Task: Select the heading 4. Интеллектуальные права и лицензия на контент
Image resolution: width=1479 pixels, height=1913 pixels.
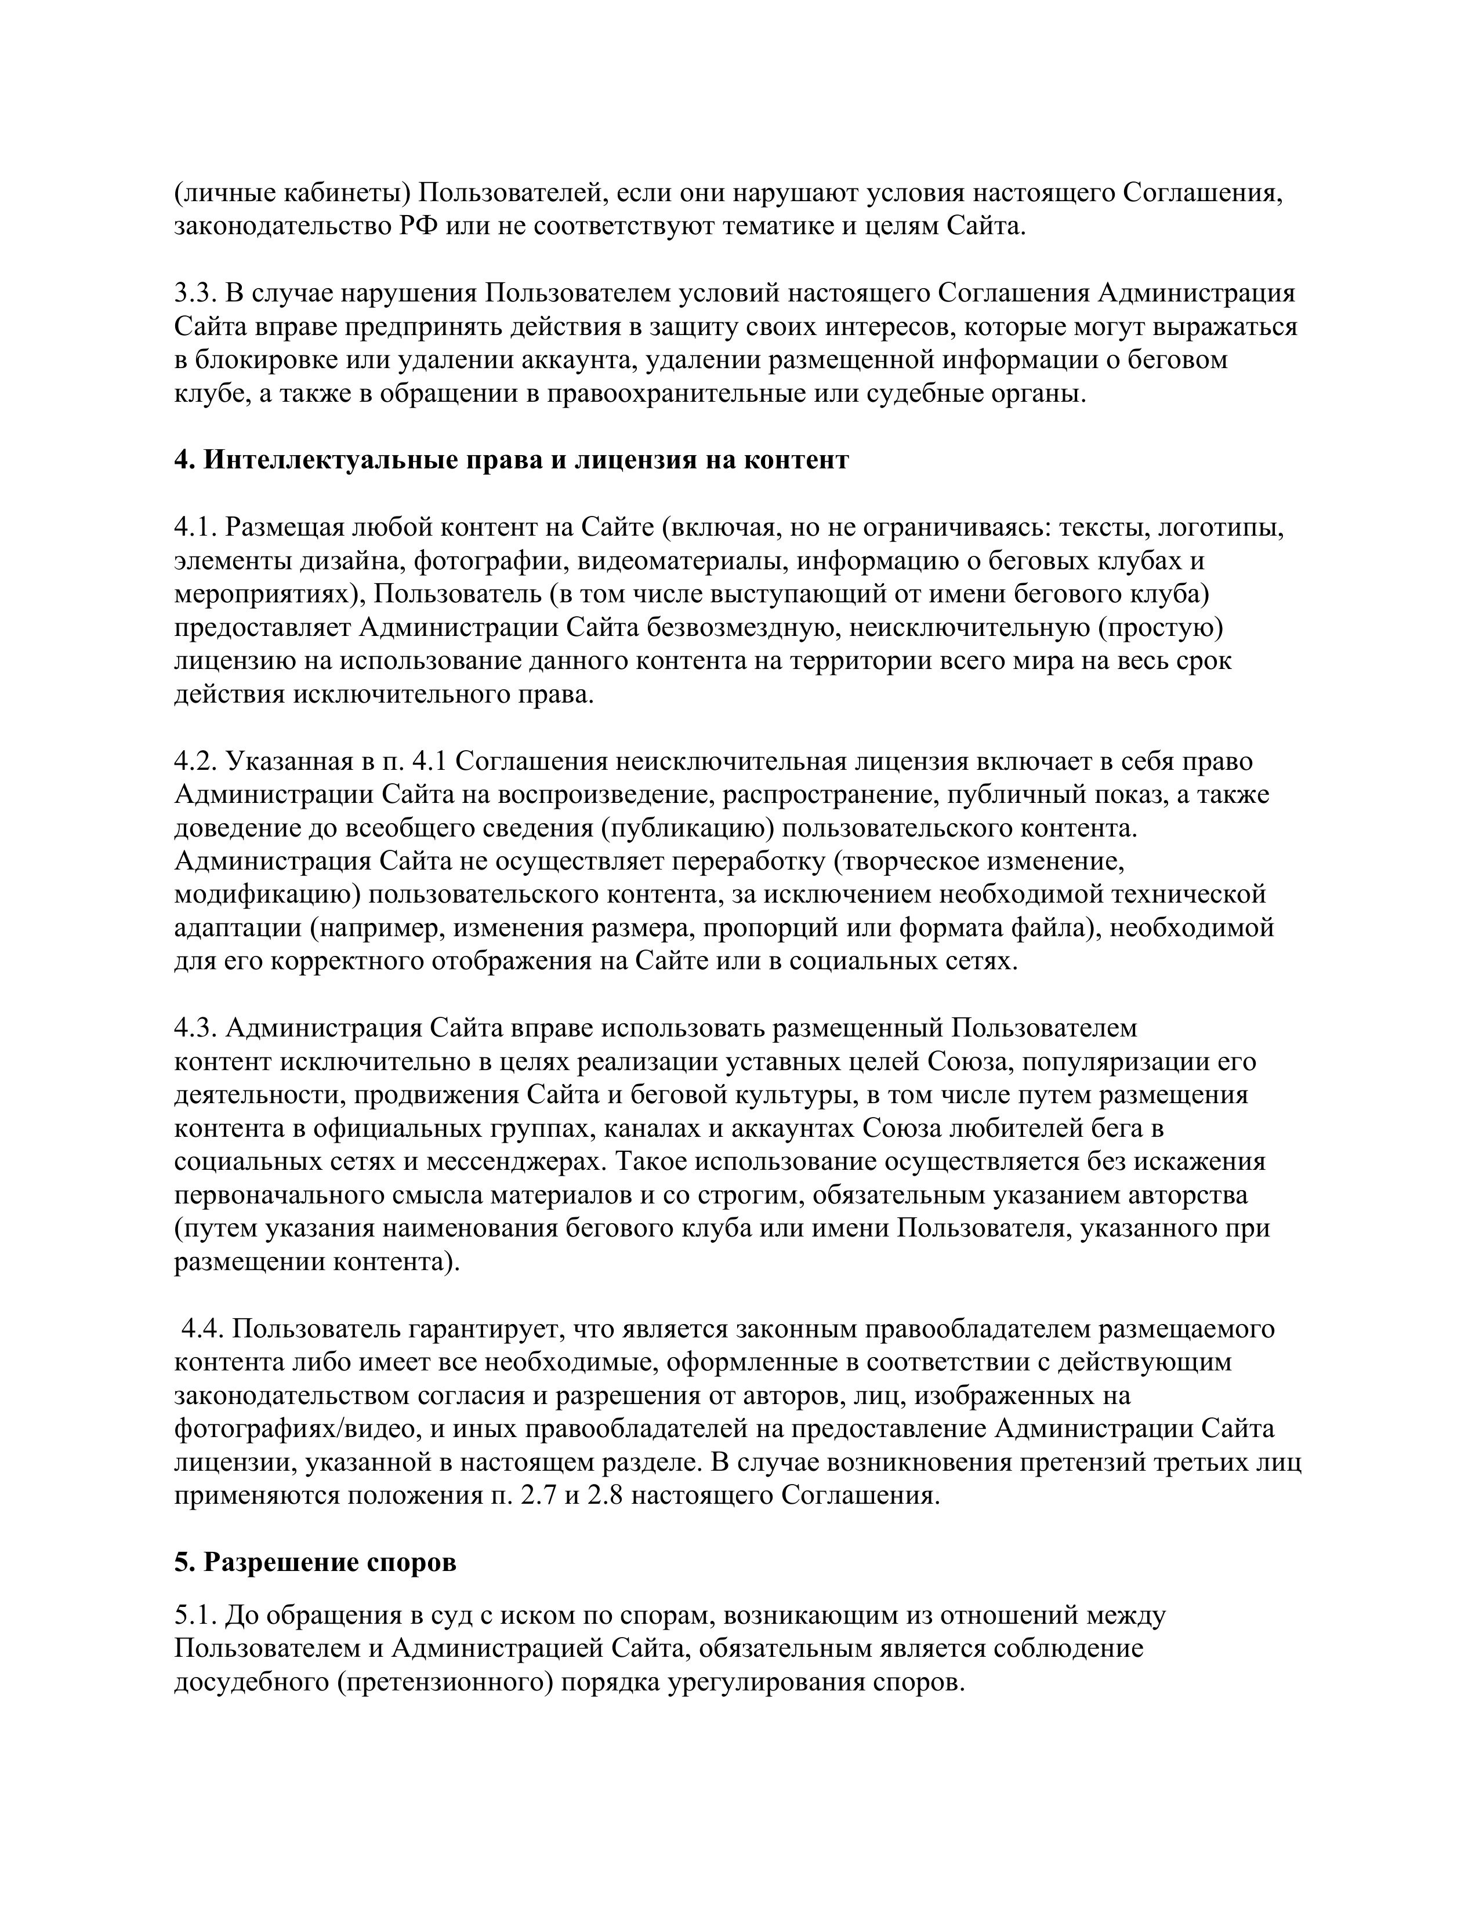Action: click(x=511, y=460)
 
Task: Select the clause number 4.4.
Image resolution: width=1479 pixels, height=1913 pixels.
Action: click(x=202, y=1329)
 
